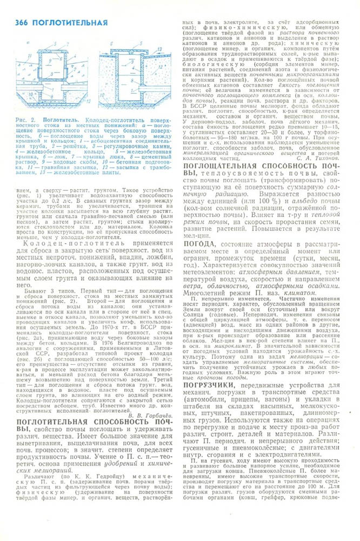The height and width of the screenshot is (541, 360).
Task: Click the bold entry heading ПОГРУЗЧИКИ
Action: (x=212, y=414)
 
